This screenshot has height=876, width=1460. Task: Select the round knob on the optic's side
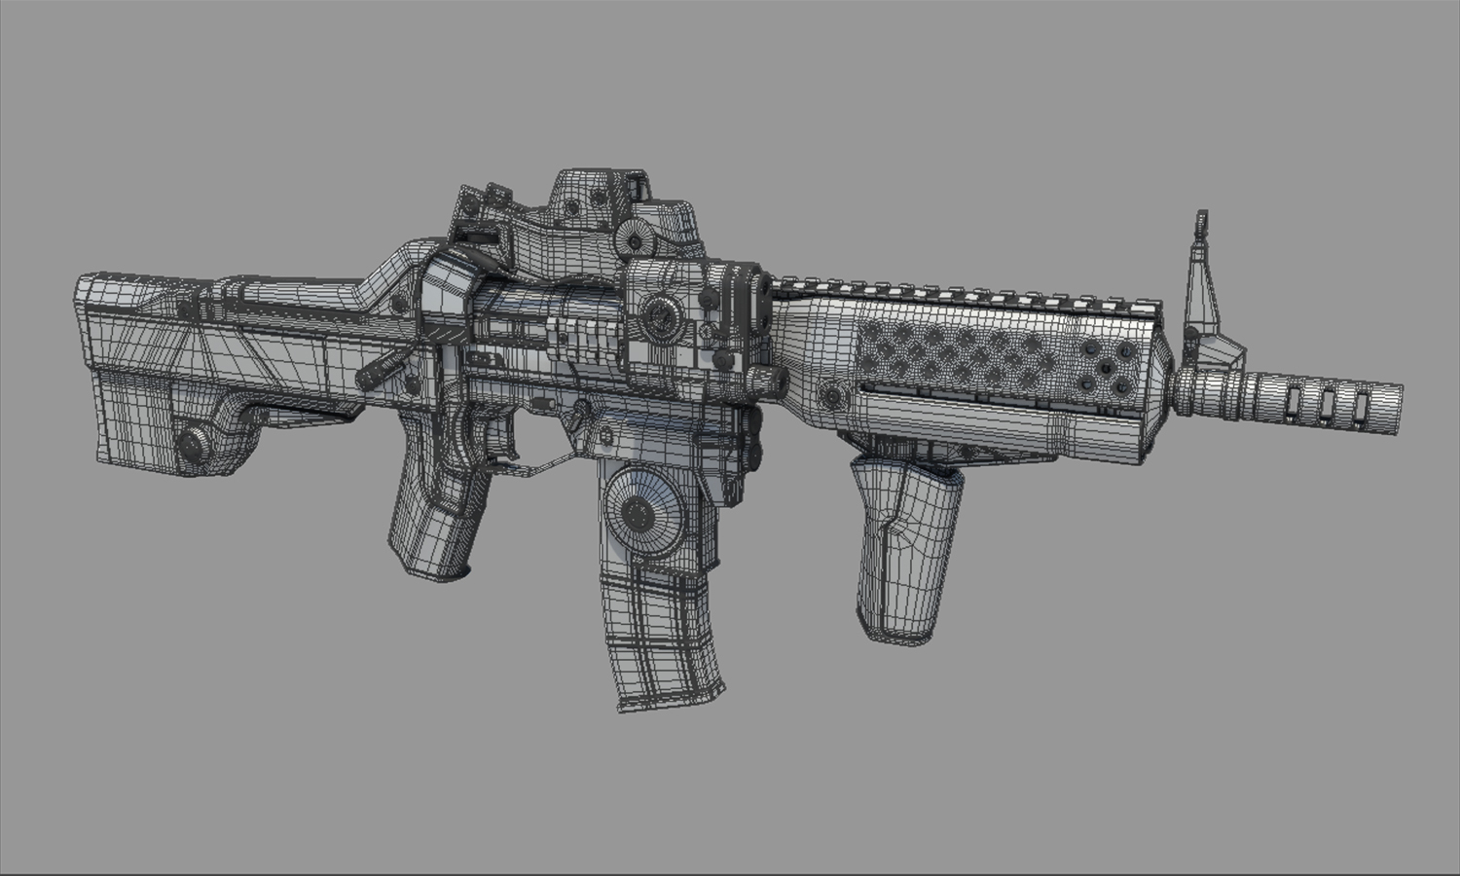(636, 240)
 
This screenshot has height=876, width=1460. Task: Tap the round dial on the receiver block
(662, 313)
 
